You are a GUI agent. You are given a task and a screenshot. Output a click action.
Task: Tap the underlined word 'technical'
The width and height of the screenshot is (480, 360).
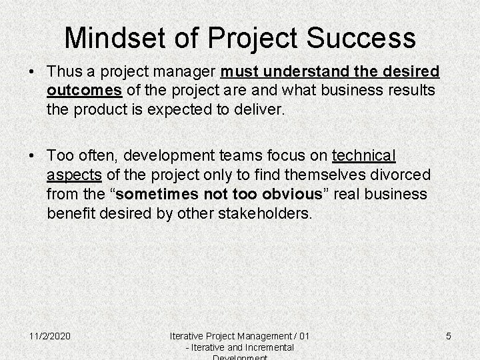click(x=364, y=156)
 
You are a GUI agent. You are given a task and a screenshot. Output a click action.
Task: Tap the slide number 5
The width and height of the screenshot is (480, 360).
click(x=448, y=336)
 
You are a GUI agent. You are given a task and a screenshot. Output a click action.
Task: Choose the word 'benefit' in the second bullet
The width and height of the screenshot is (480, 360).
click(x=70, y=213)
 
